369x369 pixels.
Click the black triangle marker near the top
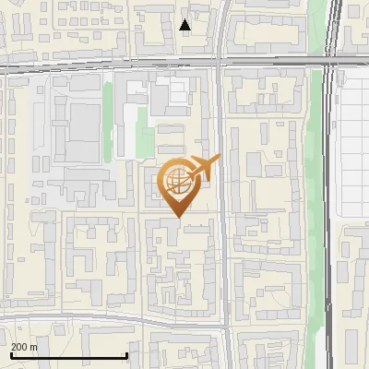pos(185,25)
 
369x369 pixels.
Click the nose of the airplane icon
pos(219,159)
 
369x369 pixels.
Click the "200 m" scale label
pos(24,347)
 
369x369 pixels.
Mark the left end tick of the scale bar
pos(11,356)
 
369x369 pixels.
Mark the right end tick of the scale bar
pos(126,356)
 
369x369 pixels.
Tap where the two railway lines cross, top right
pos(327,65)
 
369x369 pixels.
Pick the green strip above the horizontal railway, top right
pos(316,28)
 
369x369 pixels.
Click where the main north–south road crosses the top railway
pos(220,65)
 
